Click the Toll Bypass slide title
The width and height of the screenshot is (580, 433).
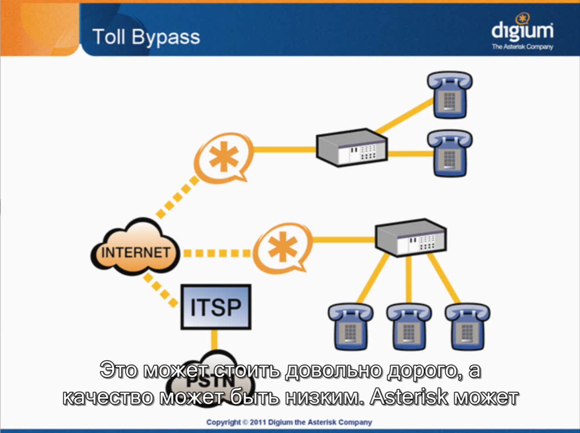pyautogui.click(x=146, y=37)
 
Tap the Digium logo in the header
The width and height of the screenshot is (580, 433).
pyautogui.click(x=522, y=32)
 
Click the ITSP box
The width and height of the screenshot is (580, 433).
pyautogui.click(x=216, y=307)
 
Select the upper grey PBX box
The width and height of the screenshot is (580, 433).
pyautogui.click(x=352, y=148)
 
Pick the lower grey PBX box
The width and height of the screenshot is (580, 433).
pyautogui.click(x=410, y=238)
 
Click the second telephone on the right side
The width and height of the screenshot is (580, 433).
pyautogui.click(x=450, y=154)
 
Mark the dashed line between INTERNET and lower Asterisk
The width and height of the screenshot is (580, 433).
pyautogui.click(x=216, y=253)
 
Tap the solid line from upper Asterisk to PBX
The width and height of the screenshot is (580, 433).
pyautogui.click(x=285, y=150)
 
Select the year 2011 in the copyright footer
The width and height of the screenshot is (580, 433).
pyautogui.click(x=257, y=422)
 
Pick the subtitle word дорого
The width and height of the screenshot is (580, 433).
pyautogui.click(x=421, y=370)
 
